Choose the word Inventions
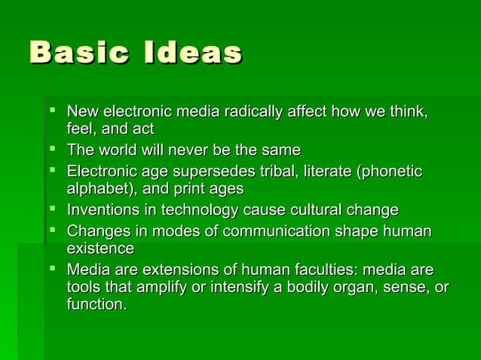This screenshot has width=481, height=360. click(103, 209)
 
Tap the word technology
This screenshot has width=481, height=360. click(199, 209)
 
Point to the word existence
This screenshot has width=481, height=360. click(100, 248)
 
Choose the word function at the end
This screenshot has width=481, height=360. click(96, 305)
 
